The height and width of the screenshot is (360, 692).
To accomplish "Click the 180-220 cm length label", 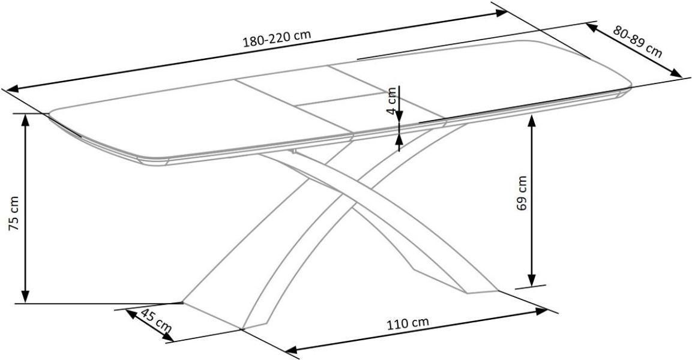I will [x=277, y=40].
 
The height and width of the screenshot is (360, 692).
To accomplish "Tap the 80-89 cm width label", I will [x=637, y=41].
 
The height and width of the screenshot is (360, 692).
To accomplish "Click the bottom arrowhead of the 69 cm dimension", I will [x=531, y=281].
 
